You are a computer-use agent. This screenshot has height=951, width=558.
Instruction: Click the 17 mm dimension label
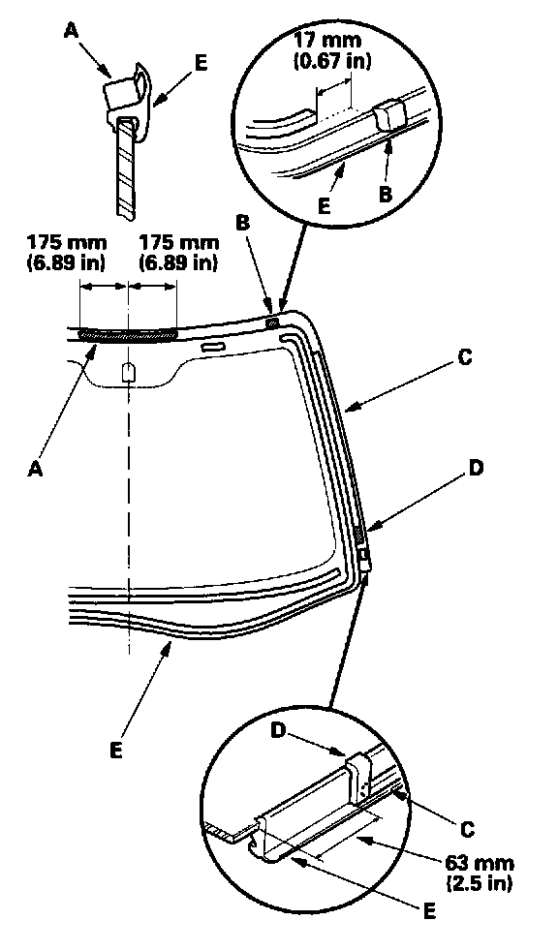coord(331,50)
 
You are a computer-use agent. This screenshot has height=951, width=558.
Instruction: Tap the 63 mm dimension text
coord(480,873)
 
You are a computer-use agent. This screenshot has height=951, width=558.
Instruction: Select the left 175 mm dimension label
coord(67,253)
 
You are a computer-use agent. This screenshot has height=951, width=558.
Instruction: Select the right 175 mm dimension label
coord(179,253)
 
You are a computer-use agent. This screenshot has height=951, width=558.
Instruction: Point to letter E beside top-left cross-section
coord(201,63)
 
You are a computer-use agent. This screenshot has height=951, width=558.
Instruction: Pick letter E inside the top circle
coord(325,206)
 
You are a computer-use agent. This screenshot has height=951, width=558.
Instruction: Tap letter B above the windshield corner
coord(242,223)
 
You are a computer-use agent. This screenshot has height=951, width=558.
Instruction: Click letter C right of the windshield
coord(464,358)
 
